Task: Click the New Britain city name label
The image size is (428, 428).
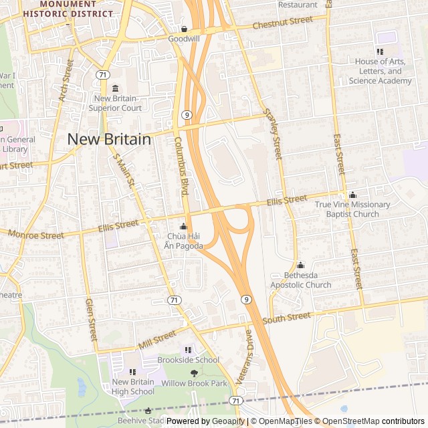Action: click(109, 139)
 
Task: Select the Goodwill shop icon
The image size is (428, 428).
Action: click(184, 29)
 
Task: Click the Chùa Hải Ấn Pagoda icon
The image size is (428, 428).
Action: click(183, 226)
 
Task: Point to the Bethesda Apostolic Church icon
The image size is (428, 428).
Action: click(300, 265)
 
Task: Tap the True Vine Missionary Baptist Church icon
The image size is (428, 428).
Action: click(352, 195)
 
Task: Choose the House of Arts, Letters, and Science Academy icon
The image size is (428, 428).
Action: click(380, 51)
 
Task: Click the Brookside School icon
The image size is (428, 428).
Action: click(188, 349)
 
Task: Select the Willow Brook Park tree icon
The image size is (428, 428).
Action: click(194, 373)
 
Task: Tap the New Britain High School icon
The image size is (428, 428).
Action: click(132, 371)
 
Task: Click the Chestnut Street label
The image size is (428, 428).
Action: click(283, 23)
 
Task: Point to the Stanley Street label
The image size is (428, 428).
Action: click(274, 134)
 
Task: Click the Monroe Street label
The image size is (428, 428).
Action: click(36, 235)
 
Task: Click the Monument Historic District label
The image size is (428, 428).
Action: click(68, 9)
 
